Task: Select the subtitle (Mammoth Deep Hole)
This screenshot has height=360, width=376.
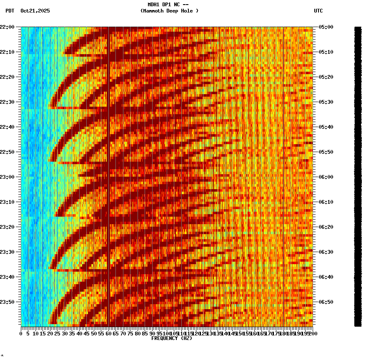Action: point(169,11)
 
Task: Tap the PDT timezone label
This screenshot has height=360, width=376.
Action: point(10,11)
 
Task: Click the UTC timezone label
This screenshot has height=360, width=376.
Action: point(318,11)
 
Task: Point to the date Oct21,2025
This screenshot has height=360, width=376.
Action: point(35,11)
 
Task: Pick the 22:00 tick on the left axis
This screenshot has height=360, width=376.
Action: point(9,27)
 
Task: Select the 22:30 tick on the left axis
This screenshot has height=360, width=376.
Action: point(9,102)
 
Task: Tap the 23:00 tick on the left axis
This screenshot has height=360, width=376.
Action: point(9,177)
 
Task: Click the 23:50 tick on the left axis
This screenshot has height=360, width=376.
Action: point(9,302)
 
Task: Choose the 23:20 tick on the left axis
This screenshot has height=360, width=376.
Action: point(9,227)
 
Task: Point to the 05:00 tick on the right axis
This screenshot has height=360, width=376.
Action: point(325,27)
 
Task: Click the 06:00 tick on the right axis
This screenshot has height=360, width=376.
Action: point(325,177)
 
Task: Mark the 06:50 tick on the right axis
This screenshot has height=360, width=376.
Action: point(325,302)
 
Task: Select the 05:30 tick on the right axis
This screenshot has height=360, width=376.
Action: point(325,102)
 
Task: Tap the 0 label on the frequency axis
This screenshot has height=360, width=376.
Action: point(21,334)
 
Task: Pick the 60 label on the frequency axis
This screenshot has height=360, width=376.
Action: point(108,334)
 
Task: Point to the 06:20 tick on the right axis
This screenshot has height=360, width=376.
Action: point(325,227)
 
